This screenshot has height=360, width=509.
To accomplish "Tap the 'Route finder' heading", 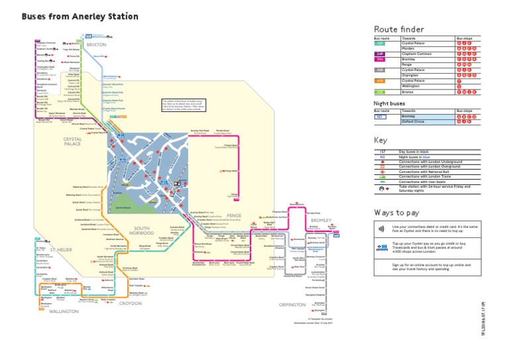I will pos(398,29).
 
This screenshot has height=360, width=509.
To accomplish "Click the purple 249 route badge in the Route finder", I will pos(380,54).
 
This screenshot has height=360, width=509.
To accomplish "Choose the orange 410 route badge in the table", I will pos(380,80).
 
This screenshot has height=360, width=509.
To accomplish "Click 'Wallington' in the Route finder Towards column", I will pos(412,86).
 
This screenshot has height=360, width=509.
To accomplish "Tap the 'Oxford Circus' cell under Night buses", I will pos(414,121).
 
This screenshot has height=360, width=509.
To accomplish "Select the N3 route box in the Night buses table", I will pos(380,116).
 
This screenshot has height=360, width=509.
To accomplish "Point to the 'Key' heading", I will pos(380,141).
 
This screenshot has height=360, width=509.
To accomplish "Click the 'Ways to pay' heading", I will pos(396,212).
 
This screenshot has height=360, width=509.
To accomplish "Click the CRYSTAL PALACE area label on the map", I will pos(73,143).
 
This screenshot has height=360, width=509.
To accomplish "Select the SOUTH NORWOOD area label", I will pos(142,231).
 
